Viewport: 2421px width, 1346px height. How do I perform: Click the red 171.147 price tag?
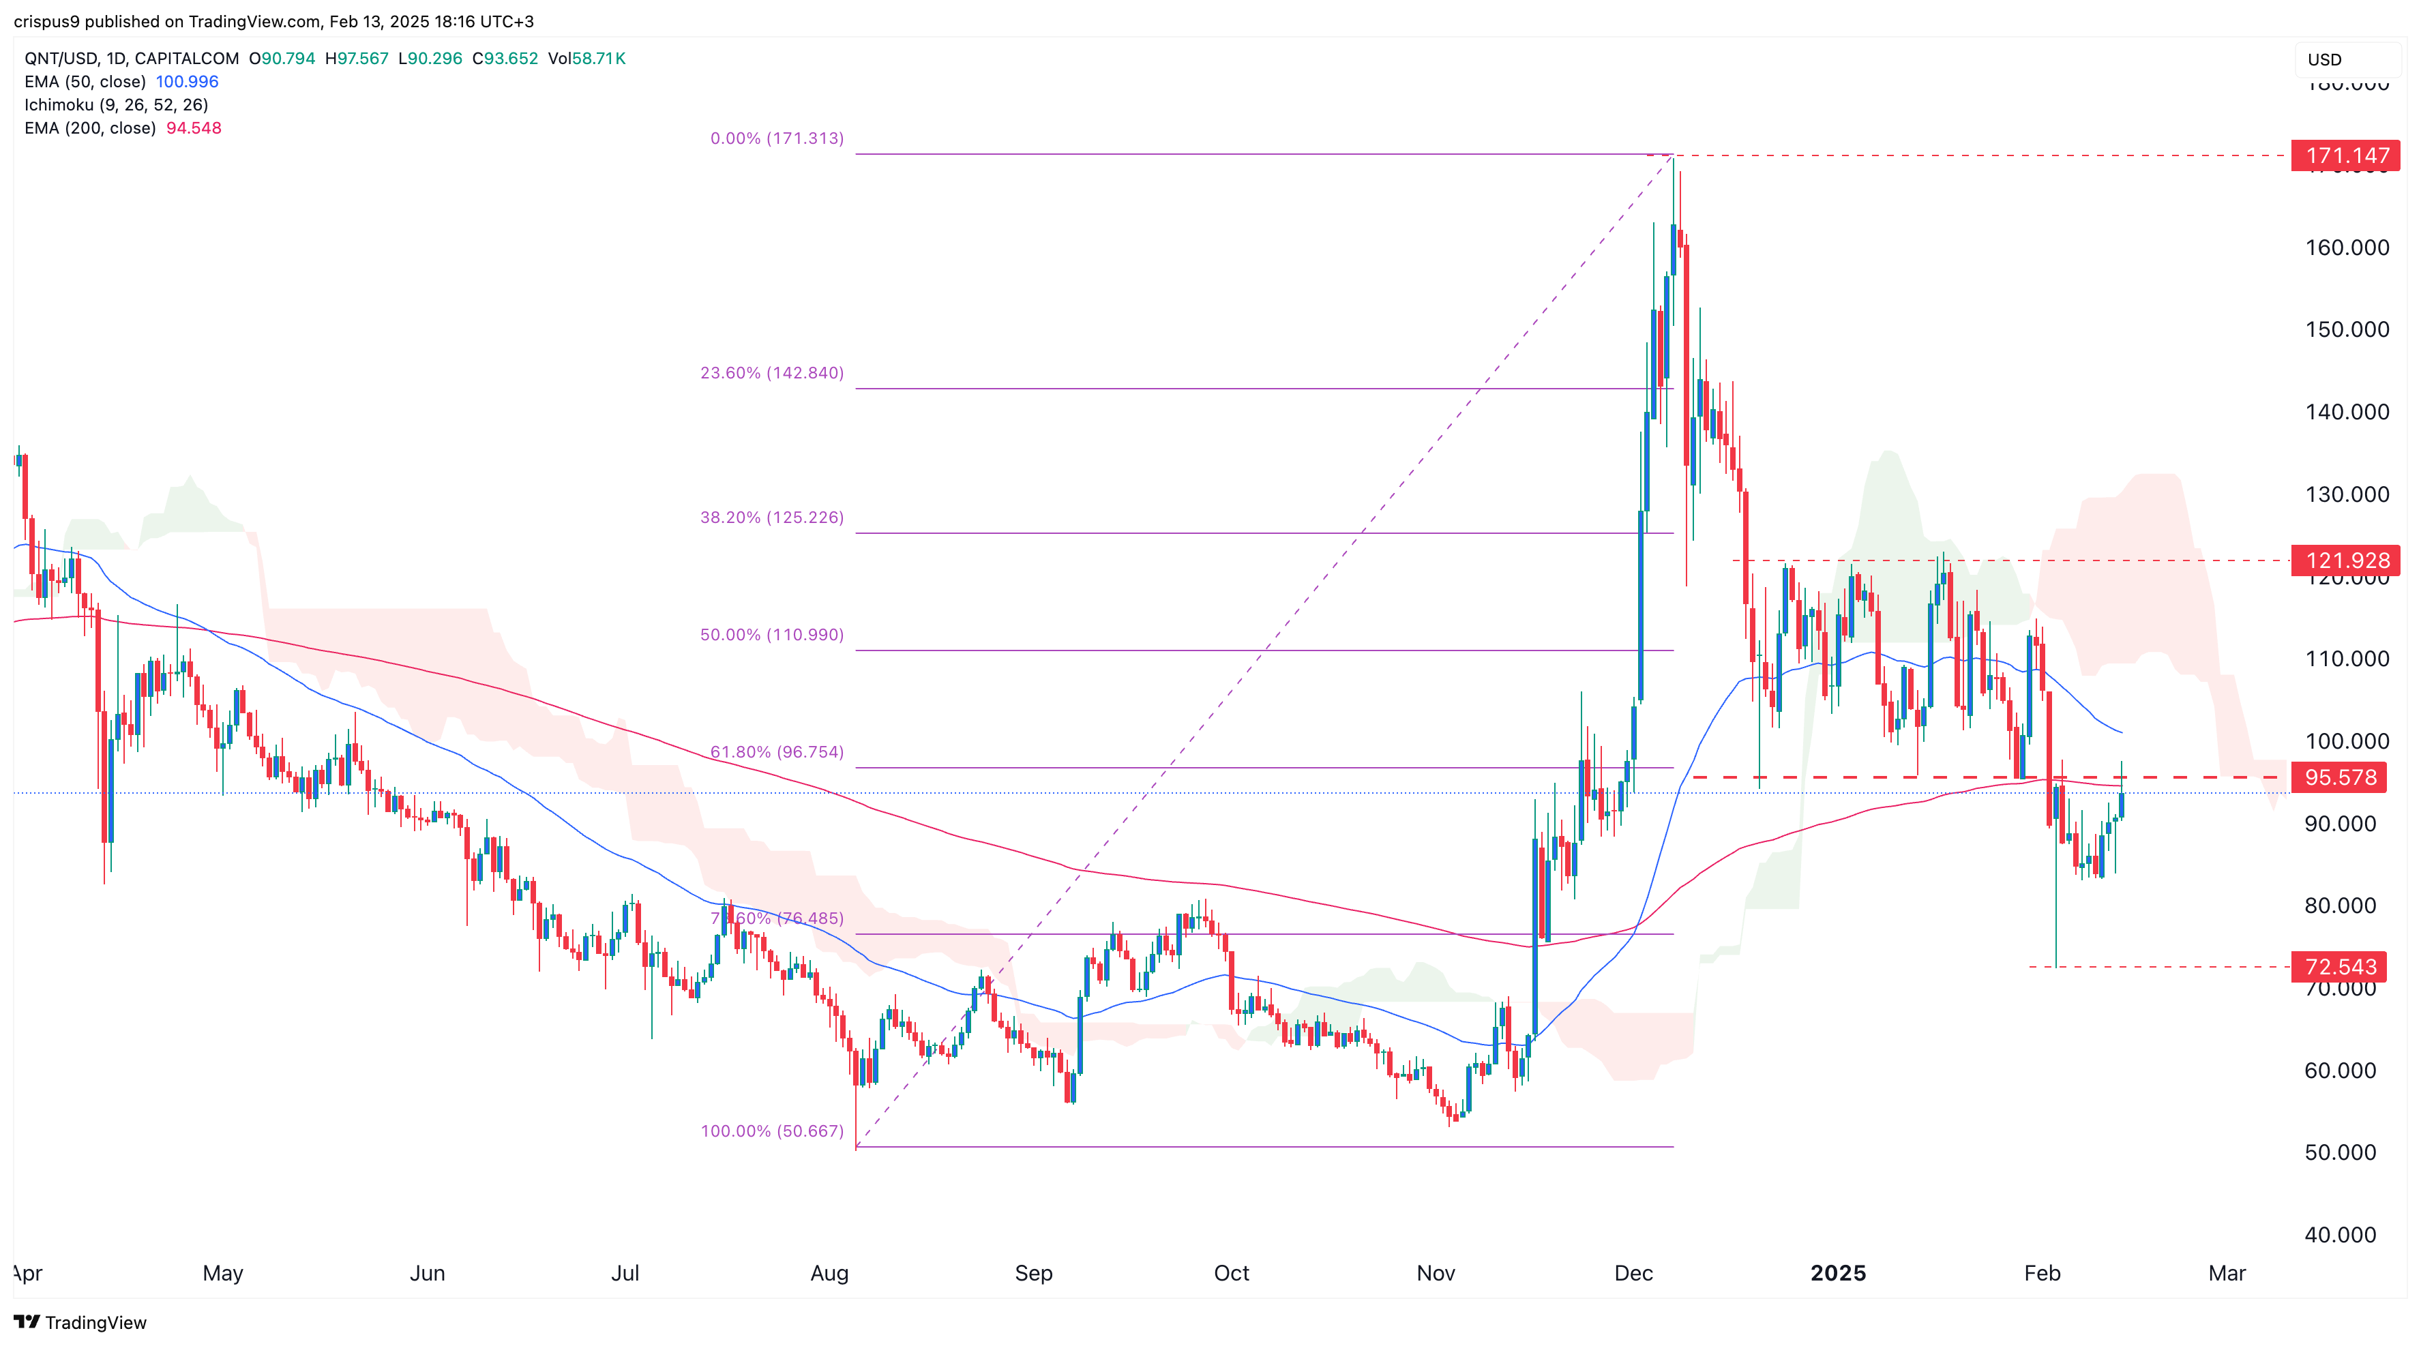click(2346, 155)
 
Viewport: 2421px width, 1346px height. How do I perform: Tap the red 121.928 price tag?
click(2346, 560)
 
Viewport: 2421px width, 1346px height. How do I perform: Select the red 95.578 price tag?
click(2339, 777)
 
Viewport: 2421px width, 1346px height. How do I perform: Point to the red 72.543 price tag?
click(2339, 966)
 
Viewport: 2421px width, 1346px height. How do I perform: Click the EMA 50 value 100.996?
click(187, 82)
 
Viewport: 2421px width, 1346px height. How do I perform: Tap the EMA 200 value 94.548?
click(194, 128)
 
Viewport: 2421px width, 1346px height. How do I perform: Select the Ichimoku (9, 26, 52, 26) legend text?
click(117, 104)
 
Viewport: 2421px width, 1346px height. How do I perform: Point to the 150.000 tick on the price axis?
click(2347, 329)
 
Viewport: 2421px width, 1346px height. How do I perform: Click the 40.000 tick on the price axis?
click(2340, 1234)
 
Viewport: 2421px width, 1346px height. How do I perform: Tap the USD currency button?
click(2325, 59)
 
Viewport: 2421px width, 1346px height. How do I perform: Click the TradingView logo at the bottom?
click(81, 1323)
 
